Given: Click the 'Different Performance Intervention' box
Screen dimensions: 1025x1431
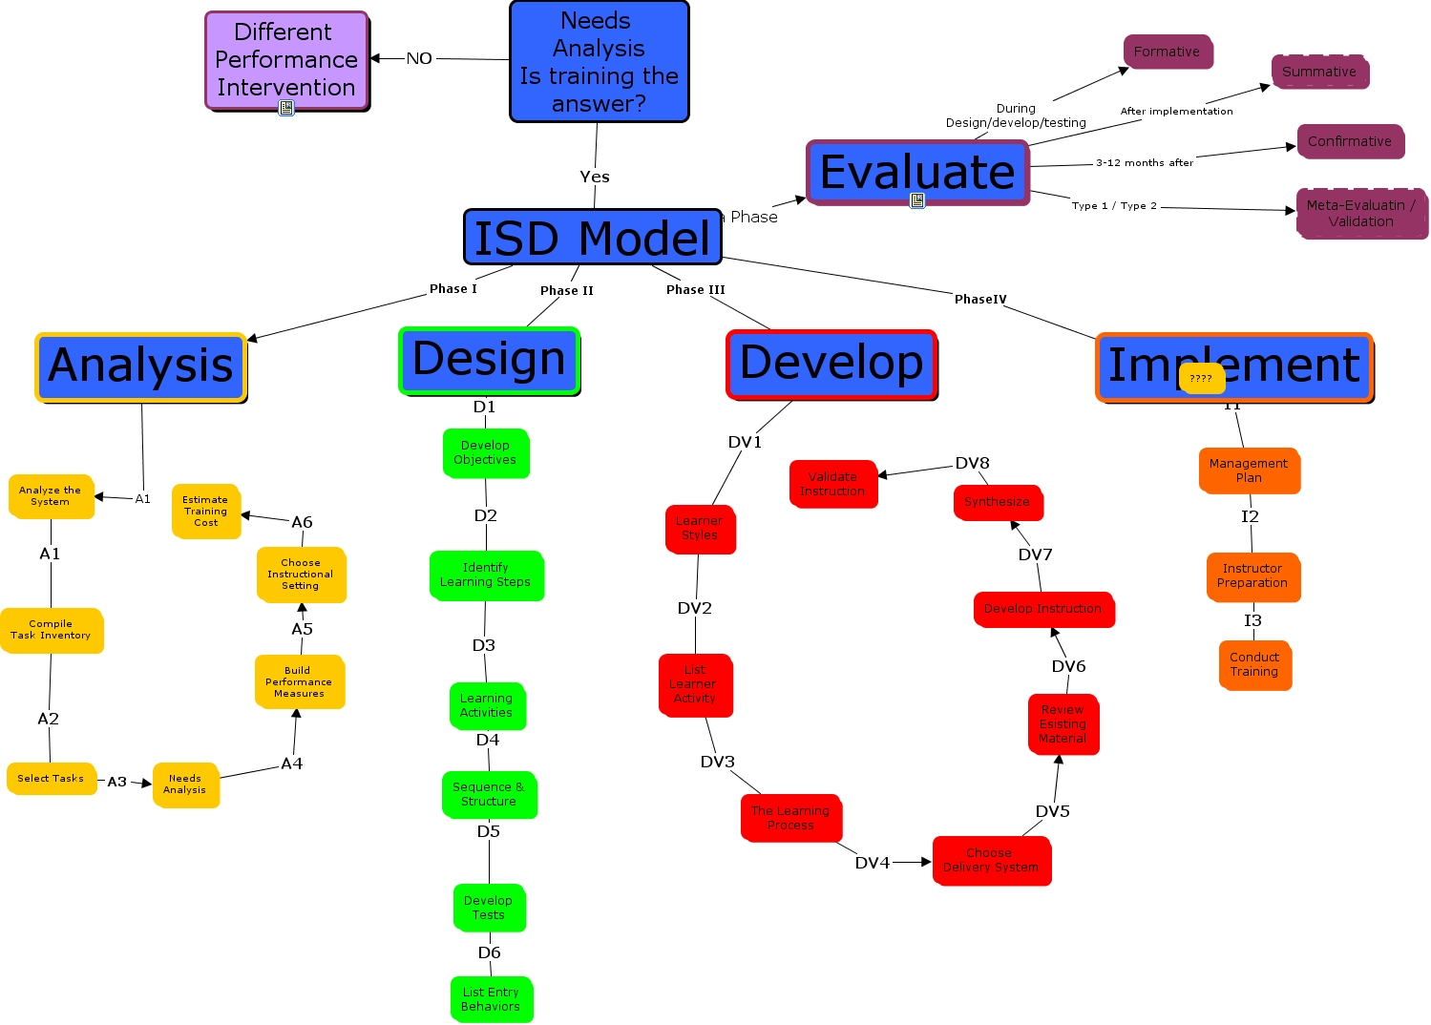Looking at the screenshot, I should pyautogui.click(x=285, y=59).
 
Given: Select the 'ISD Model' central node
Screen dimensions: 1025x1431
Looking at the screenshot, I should pyautogui.click(x=592, y=238).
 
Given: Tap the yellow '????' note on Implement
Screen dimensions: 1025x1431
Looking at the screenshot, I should pyautogui.click(x=1201, y=379).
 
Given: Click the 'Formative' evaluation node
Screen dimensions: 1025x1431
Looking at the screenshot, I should pyautogui.click(x=1167, y=52).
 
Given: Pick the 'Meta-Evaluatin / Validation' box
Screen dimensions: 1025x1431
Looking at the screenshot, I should pyautogui.click(x=1360, y=213).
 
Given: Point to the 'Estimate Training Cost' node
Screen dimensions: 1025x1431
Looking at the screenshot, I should pyautogui.click(x=205, y=511).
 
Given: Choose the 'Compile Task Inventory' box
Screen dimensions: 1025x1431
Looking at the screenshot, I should pyautogui.click(x=51, y=630).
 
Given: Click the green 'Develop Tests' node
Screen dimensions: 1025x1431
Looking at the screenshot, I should pyautogui.click(x=488, y=908).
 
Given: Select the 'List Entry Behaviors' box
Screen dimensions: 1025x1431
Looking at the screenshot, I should pyautogui.click(x=491, y=999).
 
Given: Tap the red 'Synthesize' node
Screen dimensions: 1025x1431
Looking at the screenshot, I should pyautogui.click(x=997, y=502).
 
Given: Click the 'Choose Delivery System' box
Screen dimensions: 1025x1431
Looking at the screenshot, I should pyautogui.click(x=990, y=860).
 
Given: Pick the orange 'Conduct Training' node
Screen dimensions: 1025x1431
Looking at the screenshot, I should pyautogui.click(x=1253, y=664).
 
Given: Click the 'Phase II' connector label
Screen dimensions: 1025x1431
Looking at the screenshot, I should pyautogui.click(x=566, y=290).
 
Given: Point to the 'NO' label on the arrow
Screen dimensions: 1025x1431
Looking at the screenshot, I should pyautogui.click(x=419, y=58).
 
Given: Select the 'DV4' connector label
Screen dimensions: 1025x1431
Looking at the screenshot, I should pyautogui.click(x=872, y=863).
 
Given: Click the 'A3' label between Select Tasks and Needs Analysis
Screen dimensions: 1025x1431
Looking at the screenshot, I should pyautogui.click(x=116, y=782).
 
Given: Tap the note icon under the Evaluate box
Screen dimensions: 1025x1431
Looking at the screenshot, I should pyautogui.click(x=916, y=200).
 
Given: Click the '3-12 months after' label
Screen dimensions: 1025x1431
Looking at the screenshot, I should pyautogui.click(x=1144, y=163).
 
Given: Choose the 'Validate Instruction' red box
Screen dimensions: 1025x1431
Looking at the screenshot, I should pyautogui.click(x=832, y=484).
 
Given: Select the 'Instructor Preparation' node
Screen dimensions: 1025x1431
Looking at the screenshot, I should pyautogui.click(x=1252, y=575).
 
